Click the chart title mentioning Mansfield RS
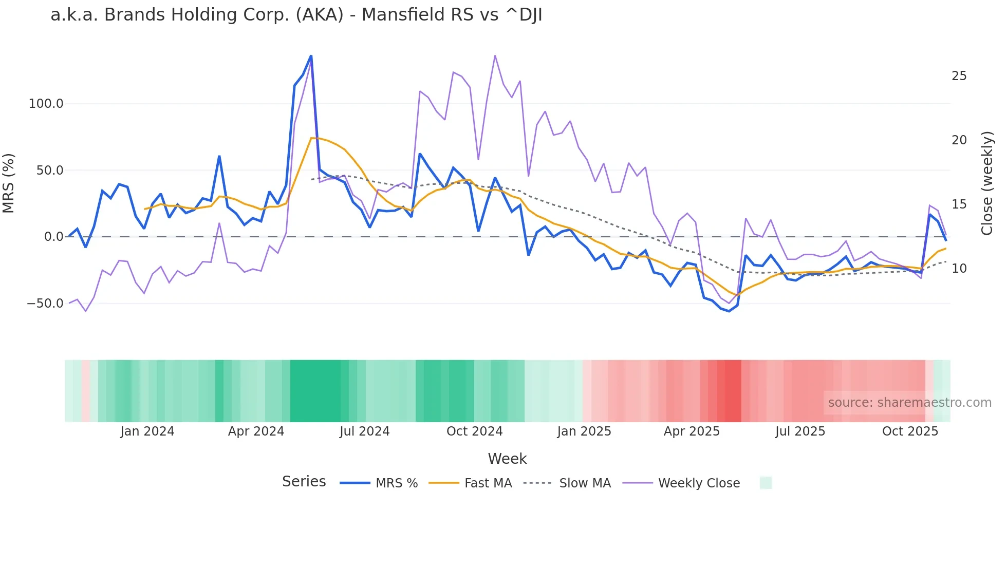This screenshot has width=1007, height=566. pyautogui.click(x=296, y=15)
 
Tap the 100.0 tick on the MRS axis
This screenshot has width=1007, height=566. pyautogui.click(x=46, y=104)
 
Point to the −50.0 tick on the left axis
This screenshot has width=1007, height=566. pyautogui.click(x=45, y=304)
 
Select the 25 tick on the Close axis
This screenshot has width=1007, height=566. pyautogui.click(x=959, y=76)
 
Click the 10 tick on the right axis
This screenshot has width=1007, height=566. pyautogui.click(x=959, y=269)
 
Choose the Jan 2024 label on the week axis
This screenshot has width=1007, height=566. pyautogui.click(x=147, y=431)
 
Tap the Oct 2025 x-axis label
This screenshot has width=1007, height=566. pyautogui.click(x=910, y=431)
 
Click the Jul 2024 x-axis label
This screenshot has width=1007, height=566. pyautogui.click(x=365, y=431)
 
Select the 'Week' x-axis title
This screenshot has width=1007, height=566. pyautogui.click(x=507, y=459)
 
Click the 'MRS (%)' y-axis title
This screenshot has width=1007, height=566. pyautogui.click(x=9, y=183)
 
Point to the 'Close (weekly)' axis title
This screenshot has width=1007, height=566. pyautogui.click(x=987, y=183)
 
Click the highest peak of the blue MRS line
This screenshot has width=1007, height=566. pyautogui.click(x=311, y=56)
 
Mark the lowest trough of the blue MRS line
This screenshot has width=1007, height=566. pyautogui.click(x=729, y=311)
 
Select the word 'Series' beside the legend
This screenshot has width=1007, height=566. pyautogui.click(x=304, y=482)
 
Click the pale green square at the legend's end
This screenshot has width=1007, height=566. pyautogui.click(x=766, y=483)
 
